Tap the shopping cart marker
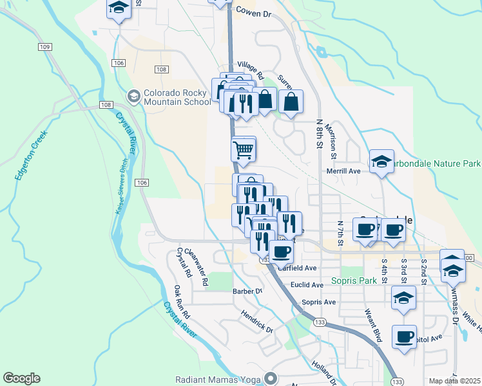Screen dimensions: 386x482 click(x=243, y=151)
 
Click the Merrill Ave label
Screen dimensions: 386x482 click(x=343, y=171)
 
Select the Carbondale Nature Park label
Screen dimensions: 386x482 click(x=434, y=164)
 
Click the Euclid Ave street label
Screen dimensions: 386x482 click(x=307, y=284)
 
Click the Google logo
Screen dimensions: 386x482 click(x=21, y=378)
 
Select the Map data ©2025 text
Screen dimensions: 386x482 click(x=455, y=381)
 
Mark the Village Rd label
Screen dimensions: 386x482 click(x=251, y=70)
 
